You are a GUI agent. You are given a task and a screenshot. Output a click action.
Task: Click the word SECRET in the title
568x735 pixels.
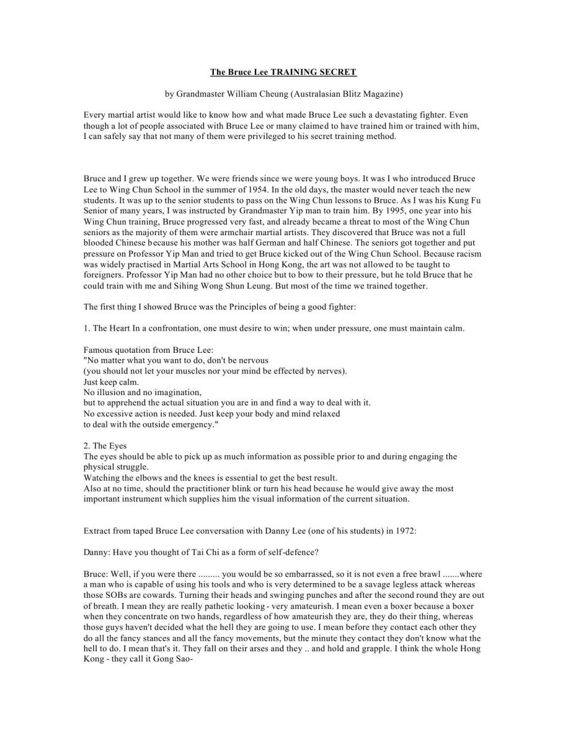[338, 72]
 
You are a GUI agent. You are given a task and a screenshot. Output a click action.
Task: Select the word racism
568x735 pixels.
[468, 254]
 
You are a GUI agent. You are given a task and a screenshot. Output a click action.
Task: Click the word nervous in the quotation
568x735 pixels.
[253, 360]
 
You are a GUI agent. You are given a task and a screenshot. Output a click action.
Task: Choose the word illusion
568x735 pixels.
[110, 392]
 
